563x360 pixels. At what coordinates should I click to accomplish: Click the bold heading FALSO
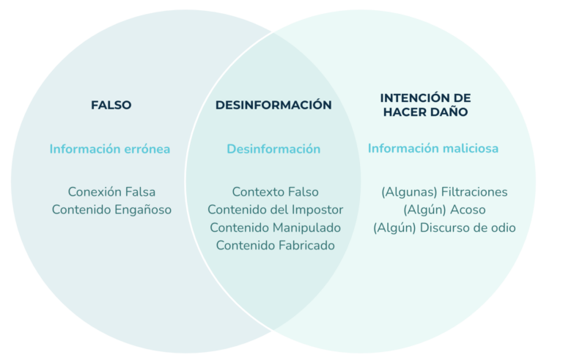click(111, 106)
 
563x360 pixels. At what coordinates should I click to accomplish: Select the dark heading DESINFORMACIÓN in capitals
click(273, 105)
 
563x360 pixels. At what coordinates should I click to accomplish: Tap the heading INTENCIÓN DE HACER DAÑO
click(425, 105)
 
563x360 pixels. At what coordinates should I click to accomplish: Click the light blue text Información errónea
click(110, 149)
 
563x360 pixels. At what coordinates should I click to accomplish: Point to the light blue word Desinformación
click(273, 149)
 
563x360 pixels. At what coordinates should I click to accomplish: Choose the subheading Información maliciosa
click(433, 148)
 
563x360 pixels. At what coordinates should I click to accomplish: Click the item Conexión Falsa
click(111, 192)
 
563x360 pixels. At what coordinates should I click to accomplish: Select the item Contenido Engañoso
click(111, 210)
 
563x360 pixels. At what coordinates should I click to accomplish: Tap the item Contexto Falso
click(276, 192)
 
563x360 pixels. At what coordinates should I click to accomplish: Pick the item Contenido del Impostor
click(276, 210)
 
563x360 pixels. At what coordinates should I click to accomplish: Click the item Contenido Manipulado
click(276, 228)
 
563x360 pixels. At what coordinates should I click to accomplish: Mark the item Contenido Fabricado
click(276, 246)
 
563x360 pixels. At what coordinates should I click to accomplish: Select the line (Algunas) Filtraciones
click(444, 192)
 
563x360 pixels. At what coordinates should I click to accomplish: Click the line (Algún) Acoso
click(444, 210)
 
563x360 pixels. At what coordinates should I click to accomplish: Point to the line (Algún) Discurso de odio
click(444, 228)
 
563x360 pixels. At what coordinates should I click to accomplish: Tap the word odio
click(503, 228)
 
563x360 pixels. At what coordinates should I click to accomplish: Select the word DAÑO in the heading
click(449, 111)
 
